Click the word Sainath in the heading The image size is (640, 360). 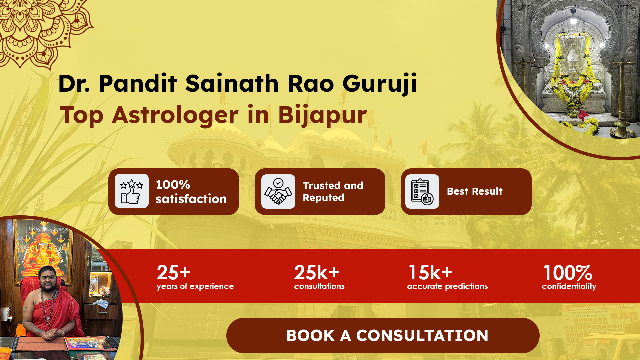232,83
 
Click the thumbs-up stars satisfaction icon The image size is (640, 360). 132,191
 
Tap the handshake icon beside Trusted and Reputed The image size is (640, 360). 278,191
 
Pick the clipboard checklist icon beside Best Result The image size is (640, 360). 422,191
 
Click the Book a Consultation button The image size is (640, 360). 383,335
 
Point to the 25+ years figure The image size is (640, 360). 173,273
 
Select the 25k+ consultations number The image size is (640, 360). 317,273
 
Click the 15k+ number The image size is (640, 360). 430,273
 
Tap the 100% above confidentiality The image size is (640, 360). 568,273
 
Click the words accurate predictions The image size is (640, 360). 447,286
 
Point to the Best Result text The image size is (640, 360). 475,191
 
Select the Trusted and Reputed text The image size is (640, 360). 333,192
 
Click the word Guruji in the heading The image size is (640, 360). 380,84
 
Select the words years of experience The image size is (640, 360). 195,286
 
